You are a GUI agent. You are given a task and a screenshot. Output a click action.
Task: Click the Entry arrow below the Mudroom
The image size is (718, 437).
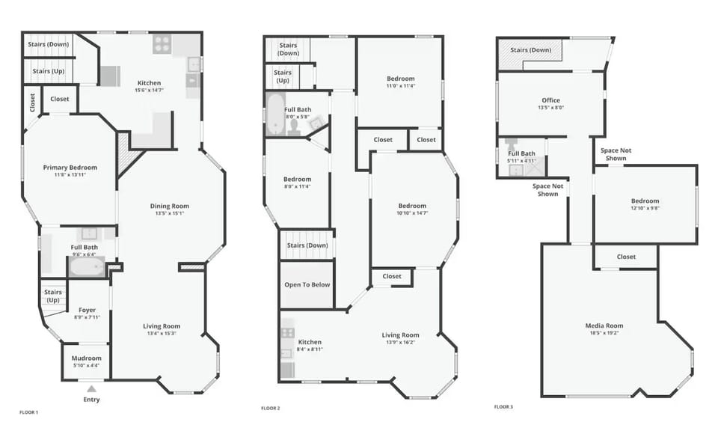tap(91, 388)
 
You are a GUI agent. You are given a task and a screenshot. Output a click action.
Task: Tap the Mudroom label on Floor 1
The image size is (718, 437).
tap(86, 358)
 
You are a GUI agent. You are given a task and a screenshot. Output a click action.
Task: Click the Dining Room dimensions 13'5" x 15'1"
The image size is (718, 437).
tap(170, 213)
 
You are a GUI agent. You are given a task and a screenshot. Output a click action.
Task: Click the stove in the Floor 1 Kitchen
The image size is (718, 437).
tap(162, 45)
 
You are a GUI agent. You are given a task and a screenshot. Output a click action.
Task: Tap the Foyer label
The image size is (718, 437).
tap(88, 310)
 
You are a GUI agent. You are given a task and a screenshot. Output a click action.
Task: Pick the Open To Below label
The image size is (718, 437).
tap(306, 284)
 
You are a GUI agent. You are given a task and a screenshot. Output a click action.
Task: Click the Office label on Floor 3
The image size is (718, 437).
tap(550, 100)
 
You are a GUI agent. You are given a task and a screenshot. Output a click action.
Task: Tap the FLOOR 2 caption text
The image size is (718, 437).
tap(270, 409)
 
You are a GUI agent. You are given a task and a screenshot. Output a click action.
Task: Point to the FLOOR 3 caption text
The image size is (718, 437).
tap(503, 407)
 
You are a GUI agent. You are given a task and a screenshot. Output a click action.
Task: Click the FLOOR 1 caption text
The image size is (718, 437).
tap(28, 412)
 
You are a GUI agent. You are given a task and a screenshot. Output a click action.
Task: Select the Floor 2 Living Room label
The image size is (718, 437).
tap(400, 335)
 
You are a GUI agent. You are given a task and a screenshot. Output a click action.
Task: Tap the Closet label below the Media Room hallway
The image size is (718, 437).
tap(626, 257)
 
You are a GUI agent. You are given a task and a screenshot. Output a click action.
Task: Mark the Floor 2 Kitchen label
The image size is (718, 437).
tap(310, 341)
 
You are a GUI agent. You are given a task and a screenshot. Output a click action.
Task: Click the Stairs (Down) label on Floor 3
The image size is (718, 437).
tap(531, 50)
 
